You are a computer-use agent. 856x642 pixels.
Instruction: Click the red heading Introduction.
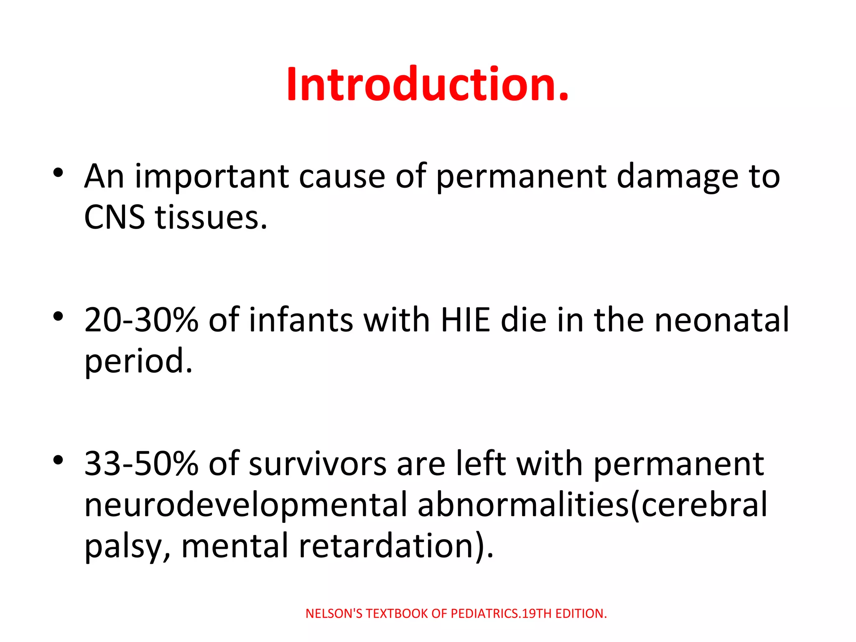[x=427, y=84]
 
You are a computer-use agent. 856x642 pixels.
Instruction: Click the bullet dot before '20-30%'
[x=58, y=316]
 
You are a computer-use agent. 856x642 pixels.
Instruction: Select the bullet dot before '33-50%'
[x=58, y=460]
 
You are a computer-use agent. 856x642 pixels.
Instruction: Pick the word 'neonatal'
[x=722, y=320]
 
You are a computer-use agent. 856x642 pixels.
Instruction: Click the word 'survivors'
[x=318, y=464]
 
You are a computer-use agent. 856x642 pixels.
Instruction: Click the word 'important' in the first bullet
[x=212, y=176]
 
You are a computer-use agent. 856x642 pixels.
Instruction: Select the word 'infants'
[x=301, y=320]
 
